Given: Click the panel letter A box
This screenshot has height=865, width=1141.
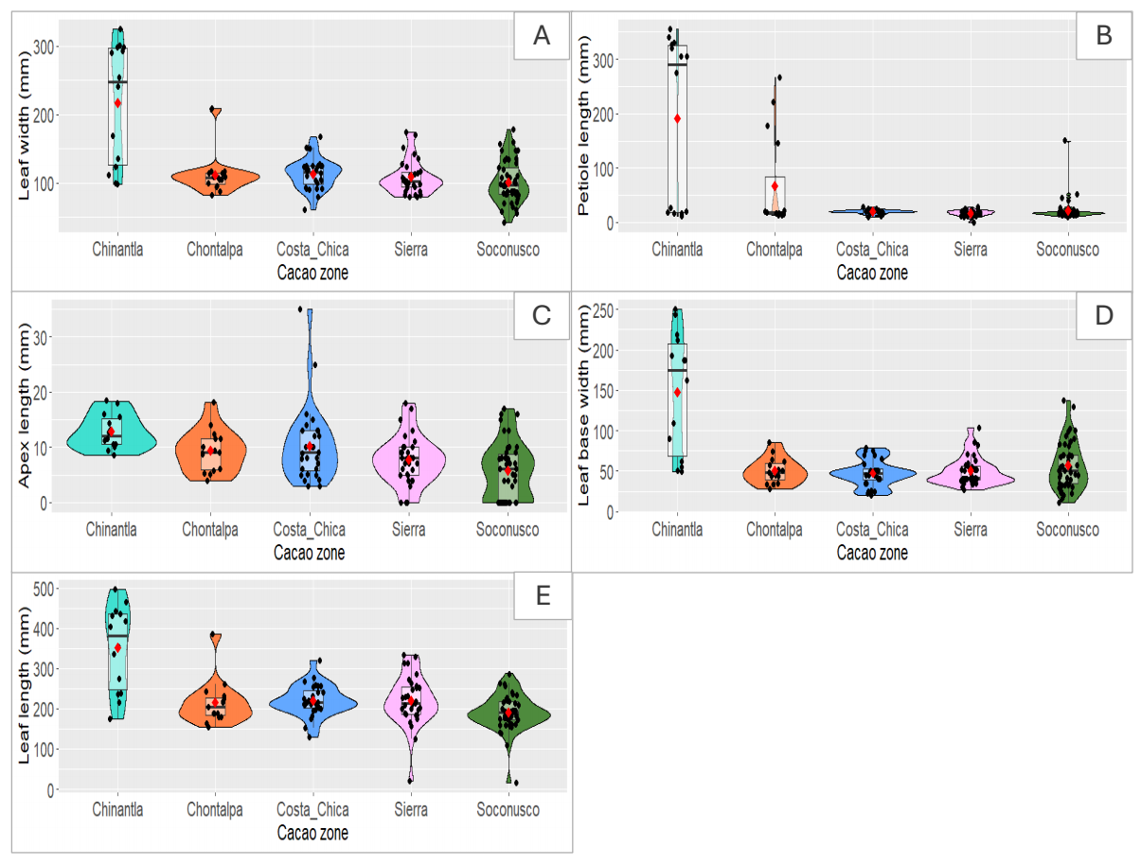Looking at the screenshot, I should pos(541,36).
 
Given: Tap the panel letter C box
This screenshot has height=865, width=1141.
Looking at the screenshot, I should pos(542,315).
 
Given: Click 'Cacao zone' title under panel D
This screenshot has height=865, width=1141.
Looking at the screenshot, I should pos(872,553).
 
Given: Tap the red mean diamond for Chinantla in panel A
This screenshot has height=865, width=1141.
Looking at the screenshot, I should pos(117,102).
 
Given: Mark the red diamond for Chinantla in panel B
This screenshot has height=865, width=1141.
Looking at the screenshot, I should pos(677,118).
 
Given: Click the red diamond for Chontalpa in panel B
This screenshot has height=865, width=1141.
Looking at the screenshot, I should pos(776,186).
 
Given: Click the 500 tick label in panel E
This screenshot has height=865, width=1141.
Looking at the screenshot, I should pos(45,590).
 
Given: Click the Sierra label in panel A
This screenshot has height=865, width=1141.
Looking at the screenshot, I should pos(411,250).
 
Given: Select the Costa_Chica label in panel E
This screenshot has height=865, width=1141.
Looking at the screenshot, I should pos(312,810).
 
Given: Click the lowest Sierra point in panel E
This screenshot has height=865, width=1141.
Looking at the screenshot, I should pos(411,780).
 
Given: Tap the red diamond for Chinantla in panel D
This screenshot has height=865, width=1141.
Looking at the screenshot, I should pos(677,392).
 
